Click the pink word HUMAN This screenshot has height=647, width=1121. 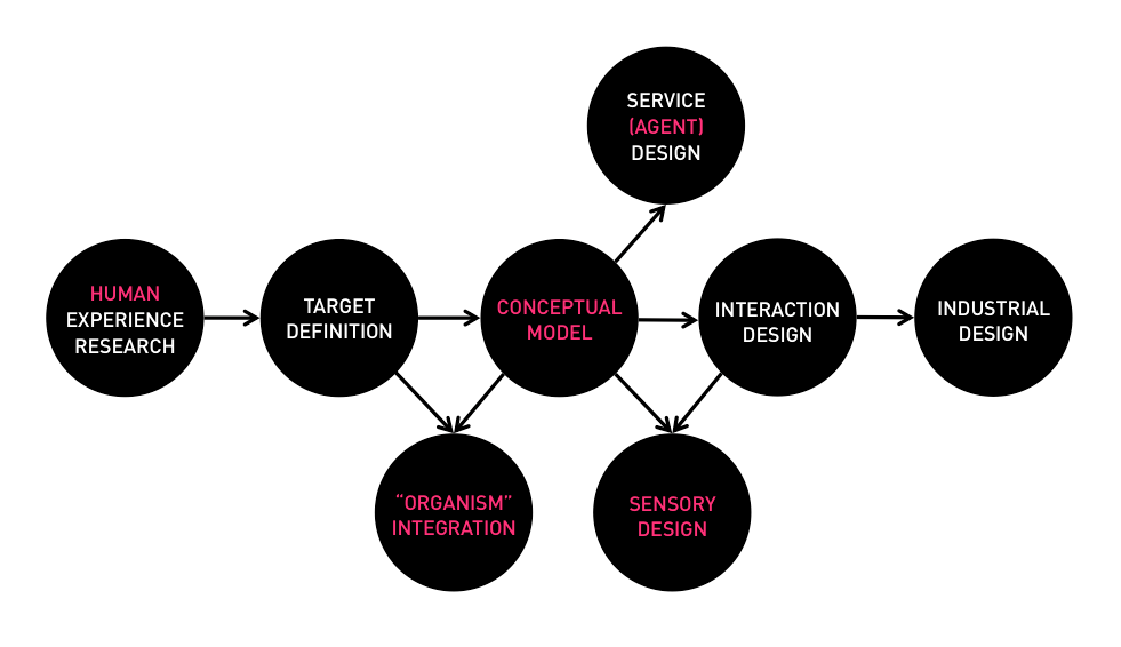pyautogui.click(x=125, y=294)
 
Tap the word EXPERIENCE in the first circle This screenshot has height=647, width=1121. pyautogui.click(x=125, y=320)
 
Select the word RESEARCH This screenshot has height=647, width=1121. pyautogui.click(x=125, y=346)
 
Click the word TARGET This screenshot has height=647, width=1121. pyautogui.click(x=339, y=306)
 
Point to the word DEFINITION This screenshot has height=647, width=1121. pyautogui.click(x=339, y=332)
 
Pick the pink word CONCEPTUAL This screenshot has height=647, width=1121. pyautogui.click(x=559, y=307)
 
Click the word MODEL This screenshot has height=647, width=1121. pyautogui.click(x=559, y=333)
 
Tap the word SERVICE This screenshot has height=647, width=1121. pyautogui.click(x=666, y=101)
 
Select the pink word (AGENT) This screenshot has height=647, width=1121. pyautogui.click(x=666, y=127)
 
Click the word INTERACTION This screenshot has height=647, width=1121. pyautogui.click(x=777, y=310)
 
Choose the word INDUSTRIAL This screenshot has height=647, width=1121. pyautogui.click(x=993, y=309)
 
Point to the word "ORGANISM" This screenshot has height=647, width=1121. pyautogui.click(x=453, y=503)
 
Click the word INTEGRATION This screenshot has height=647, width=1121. pyautogui.click(x=453, y=528)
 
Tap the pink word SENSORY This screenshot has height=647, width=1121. pyautogui.click(x=672, y=504)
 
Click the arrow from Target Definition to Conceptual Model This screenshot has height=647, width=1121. pyautogui.click(x=449, y=318)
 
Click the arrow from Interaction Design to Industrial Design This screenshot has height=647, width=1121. pyautogui.click(x=884, y=318)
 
